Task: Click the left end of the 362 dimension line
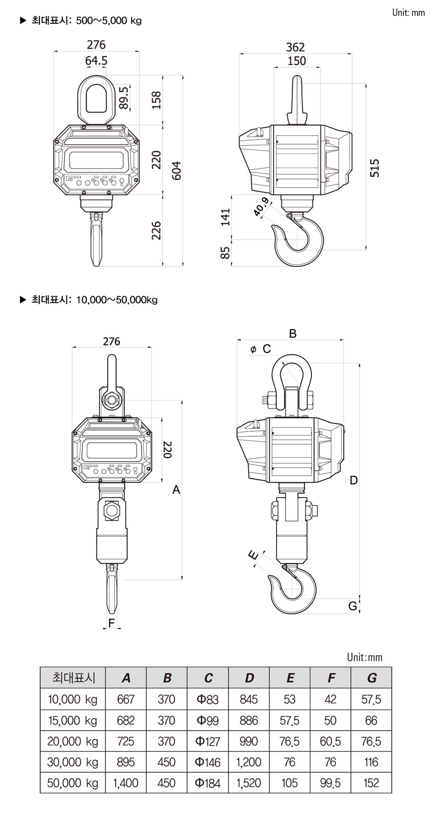pyautogui.click(x=239, y=54)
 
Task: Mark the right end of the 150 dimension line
pyautogui.click(x=320, y=68)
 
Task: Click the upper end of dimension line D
pyautogui.click(x=360, y=363)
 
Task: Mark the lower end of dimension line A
pyautogui.click(x=182, y=579)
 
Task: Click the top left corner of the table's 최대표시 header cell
pyautogui.click(x=40, y=667)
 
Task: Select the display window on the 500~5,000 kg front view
pyautogui.click(x=96, y=160)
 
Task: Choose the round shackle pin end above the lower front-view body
pyautogui.click(x=112, y=400)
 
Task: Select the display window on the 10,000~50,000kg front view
pyautogui.click(x=112, y=452)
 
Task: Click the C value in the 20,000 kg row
pyautogui.click(x=208, y=741)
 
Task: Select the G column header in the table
pyautogui.click(x=371, y=678)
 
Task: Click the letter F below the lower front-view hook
pyautogui.click(x=112, y=623)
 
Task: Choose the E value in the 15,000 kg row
pyautogui.click(x=290, y=721)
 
